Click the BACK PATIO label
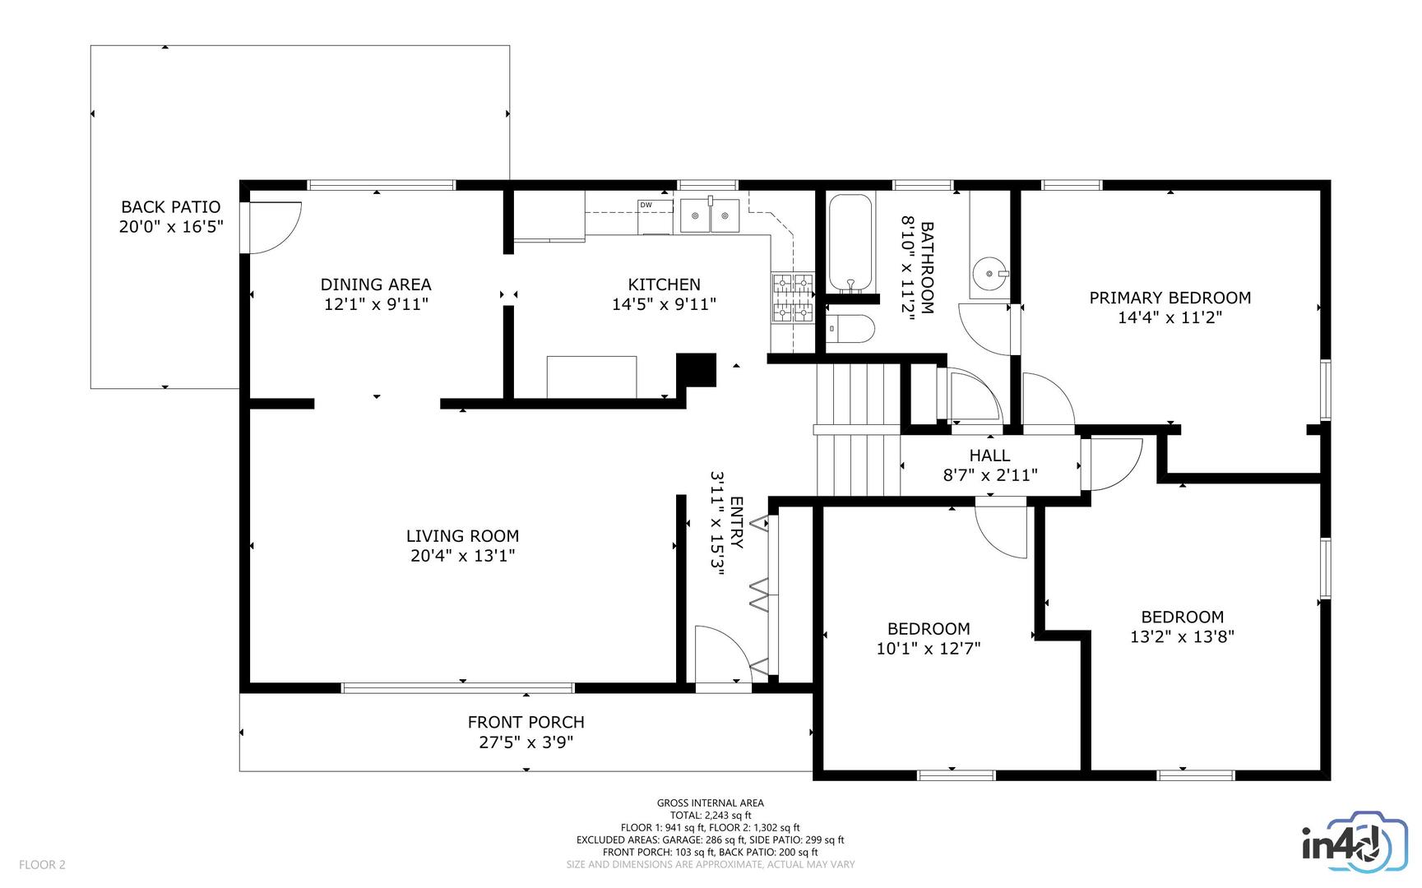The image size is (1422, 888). [171, 207]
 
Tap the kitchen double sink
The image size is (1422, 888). [709, 216]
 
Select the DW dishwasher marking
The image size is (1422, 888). [646, 205]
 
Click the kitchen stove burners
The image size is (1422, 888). [792, 298]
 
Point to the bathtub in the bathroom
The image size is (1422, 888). [850, 242]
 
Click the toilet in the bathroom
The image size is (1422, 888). [850, 329]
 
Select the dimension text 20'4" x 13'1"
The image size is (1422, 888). [462, 556]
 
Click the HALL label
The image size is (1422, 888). [989, 456]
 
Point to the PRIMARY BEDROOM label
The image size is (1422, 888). [1170, 298]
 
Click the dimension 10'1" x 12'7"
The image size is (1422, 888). [928, 649]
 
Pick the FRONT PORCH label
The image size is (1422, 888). [526, 722]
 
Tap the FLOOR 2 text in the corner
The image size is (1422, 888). [42, 864]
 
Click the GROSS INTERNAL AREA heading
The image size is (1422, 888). [710, 803]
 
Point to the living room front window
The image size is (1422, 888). [457, 687]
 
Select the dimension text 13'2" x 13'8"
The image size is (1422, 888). [1182, 636]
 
